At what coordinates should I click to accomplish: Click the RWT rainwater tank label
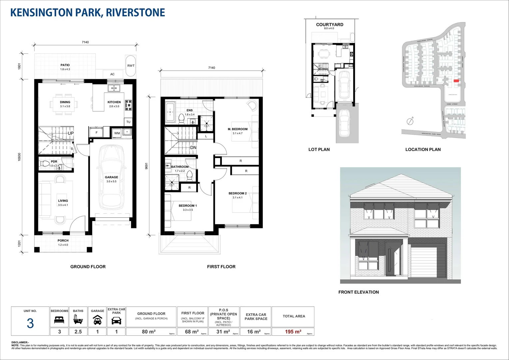pyautogui.click(x=131, y=66)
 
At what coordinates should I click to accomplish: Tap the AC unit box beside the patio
pyautogui.click(x=112, y=74)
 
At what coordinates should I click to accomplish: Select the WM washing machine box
pyautogui.click(x=117, y=133)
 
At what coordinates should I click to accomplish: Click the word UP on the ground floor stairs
pyautogui.click(x=71, y=133)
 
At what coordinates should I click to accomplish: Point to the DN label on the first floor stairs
pyautogui.click(x=193, y=148)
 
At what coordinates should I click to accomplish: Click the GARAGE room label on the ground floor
pyautogui.click(x=111, y=177)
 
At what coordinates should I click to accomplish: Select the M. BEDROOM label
pyautogui.click(x=238, y=129)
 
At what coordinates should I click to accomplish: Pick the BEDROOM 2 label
pyautogui.click(x=238, y=193)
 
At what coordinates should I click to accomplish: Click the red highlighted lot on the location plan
pyautogui.click(x=456, y=81)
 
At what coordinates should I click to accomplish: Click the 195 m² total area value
pyautogui.click(x=293, y=332)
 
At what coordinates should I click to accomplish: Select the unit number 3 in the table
pyautogui.click(x=30, y=323)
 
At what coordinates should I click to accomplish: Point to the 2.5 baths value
pyautogui.click(x=78, y=332)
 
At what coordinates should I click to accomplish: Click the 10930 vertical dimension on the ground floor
pyautogui.click(x=19, y=157)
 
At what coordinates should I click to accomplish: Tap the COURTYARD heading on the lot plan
pyautogui.click(x=329, y=25)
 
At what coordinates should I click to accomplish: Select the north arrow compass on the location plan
pyautogui.click(x=410, y=121)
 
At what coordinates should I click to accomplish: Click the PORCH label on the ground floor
pyautogui.click(x=63, y=240)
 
